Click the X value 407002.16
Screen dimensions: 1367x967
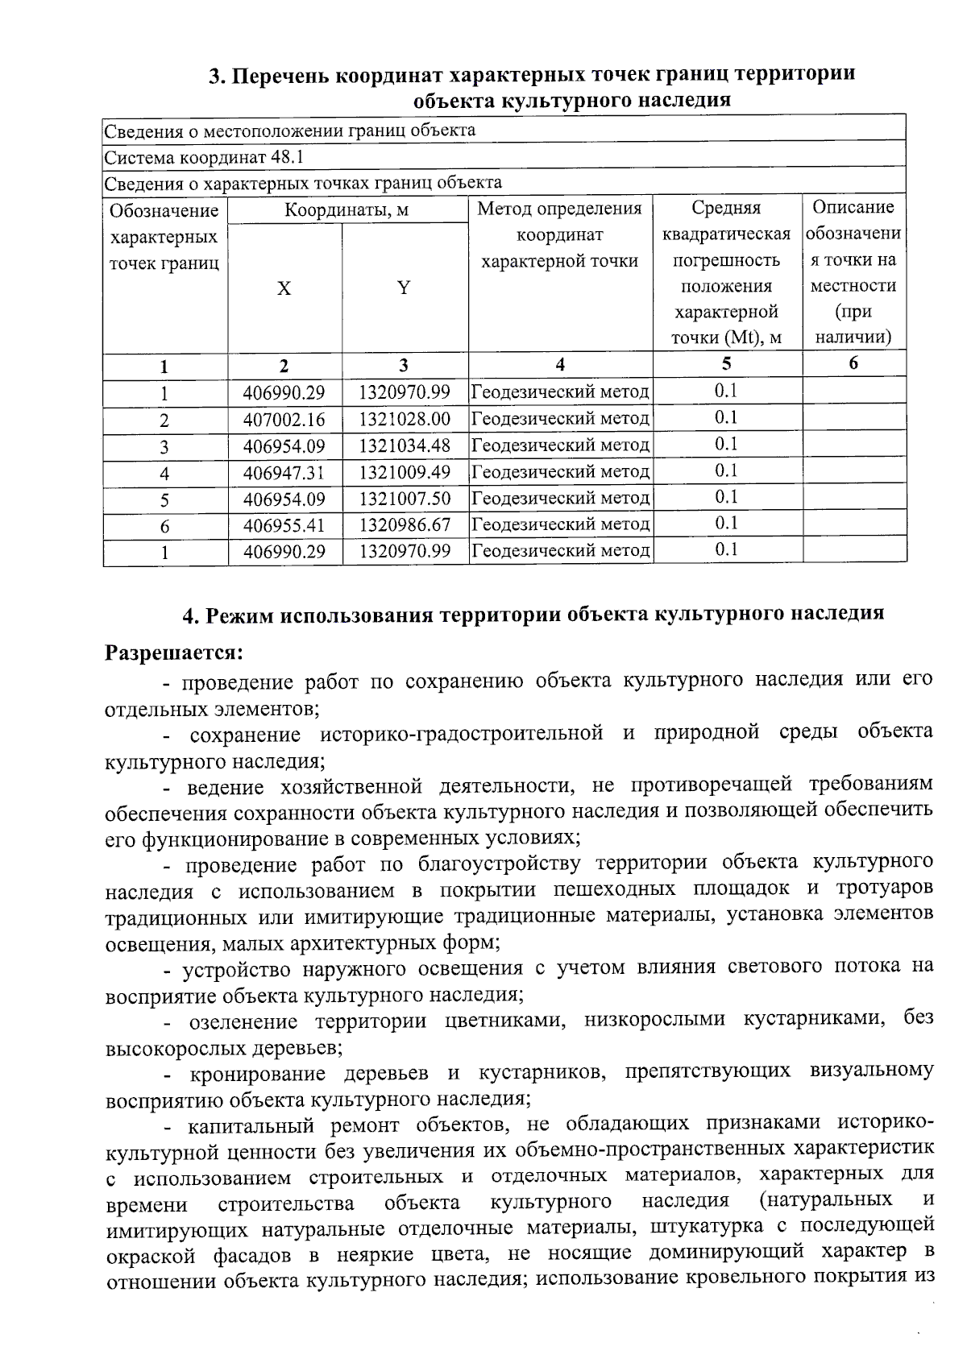(284, 420)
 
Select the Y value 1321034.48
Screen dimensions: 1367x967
(405, 445)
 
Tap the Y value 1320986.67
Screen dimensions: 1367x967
(405, 525)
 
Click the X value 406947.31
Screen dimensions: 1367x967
(284, 473)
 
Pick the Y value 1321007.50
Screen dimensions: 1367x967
(405, 499)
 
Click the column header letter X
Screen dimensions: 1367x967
(284, 288)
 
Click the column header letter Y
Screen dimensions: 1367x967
(404, 288)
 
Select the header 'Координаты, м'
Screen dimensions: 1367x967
(347, 210)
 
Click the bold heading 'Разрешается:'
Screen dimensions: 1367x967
(174, 650)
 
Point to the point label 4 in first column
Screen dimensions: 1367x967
(164, 474)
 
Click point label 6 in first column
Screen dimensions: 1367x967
(164, 527)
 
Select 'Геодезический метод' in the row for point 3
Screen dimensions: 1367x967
(560, 445)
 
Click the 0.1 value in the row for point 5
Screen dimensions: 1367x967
(726, 497)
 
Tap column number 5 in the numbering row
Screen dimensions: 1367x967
(726, 363)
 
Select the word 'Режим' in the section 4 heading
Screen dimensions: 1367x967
(238, 614)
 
